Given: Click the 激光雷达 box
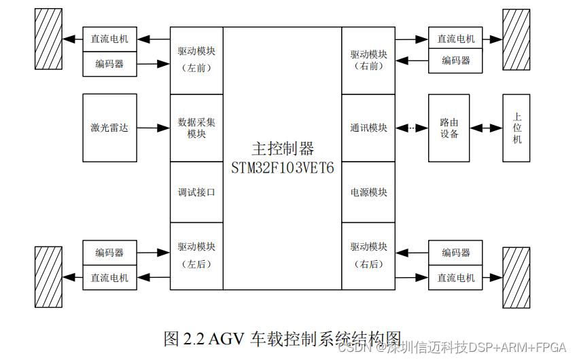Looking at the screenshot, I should pyautogui.click(x=109, y=128).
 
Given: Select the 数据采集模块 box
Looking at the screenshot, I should pyautogui.click(x=196, y=128).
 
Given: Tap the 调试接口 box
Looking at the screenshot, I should pyautogui.click(x=196, y=192).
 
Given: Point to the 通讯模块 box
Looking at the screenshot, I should pyautogui.click(x=368, y=128).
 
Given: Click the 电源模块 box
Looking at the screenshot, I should pyautogui.click(x=368, y=192).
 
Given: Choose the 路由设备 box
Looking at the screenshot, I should pyautogui.click(x=449, y=128).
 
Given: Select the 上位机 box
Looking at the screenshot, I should pyautogui.click(x=517, y=128).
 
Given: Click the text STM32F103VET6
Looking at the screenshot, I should pyautogui.click(x=283, y=168).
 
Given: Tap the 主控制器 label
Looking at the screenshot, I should pyautogui.click(x=283, y=149).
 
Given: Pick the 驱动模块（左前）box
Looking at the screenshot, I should pyautogui.click(x=196, y=60).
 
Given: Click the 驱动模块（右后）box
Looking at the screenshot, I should pyautogui.click(x=368, y=255).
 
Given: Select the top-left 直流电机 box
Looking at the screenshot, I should pyautogui.click(x=109, y=39).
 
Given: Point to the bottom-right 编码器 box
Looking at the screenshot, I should pyautogui.click(x=455, y=253).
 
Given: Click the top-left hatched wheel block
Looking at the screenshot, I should pyautogui.click(x=49, y=39).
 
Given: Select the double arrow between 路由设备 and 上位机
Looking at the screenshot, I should pyautogui.click(x=485, y=128).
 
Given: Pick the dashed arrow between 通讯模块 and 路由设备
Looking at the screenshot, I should pyautogui.click(x=411, y=128).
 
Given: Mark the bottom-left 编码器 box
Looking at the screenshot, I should pyautogui.click(x=109, y=253).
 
